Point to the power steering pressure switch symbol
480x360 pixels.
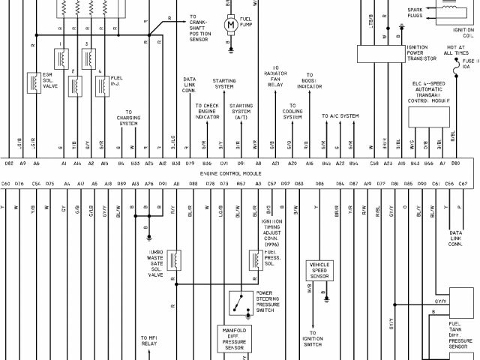[241, 303]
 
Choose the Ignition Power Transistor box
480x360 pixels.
[385, 52]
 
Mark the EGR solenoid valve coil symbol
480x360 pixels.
[34, 83]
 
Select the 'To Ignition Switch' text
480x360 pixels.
[313, 341]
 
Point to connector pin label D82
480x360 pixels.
[8, 163]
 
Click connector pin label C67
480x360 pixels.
[463, 183]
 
